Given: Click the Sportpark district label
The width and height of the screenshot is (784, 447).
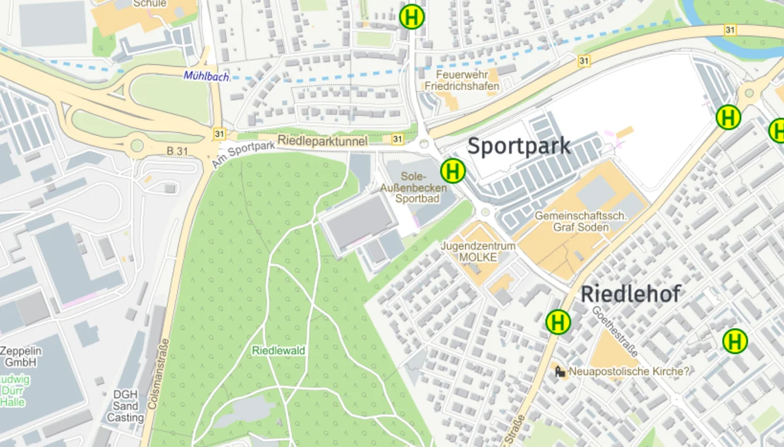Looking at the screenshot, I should click(x=519, y=146).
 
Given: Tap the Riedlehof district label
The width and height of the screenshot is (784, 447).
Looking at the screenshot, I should click(x=630, y=294).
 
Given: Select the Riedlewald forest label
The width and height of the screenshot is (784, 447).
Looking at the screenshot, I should click(x=279, y=351).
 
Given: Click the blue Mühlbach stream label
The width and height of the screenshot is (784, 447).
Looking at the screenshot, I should click(x=206, y=76).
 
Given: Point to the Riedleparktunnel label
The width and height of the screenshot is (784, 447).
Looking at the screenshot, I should click(x=322, y=141).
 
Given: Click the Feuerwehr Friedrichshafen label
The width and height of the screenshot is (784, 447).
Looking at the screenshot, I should click(x=462, y=81).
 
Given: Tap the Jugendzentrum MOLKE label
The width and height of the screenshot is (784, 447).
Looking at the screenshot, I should click(x=478, y=252).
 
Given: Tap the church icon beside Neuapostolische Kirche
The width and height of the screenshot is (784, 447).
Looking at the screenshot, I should click(x=560, y=372).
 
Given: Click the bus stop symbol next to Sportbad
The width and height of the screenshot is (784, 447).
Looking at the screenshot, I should click(x=453, y=171).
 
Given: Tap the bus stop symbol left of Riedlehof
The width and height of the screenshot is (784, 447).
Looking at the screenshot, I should click(x=558, y=322).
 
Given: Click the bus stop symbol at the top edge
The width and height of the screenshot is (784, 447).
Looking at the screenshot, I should click(x=412, y=17).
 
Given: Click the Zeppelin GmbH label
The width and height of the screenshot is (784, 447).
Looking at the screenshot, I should click(x=21, y=356).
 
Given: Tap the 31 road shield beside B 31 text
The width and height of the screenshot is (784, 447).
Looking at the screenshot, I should click(x=219, y=134).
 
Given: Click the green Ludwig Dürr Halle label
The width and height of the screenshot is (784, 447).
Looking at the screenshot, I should click(x=13, y=391).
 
